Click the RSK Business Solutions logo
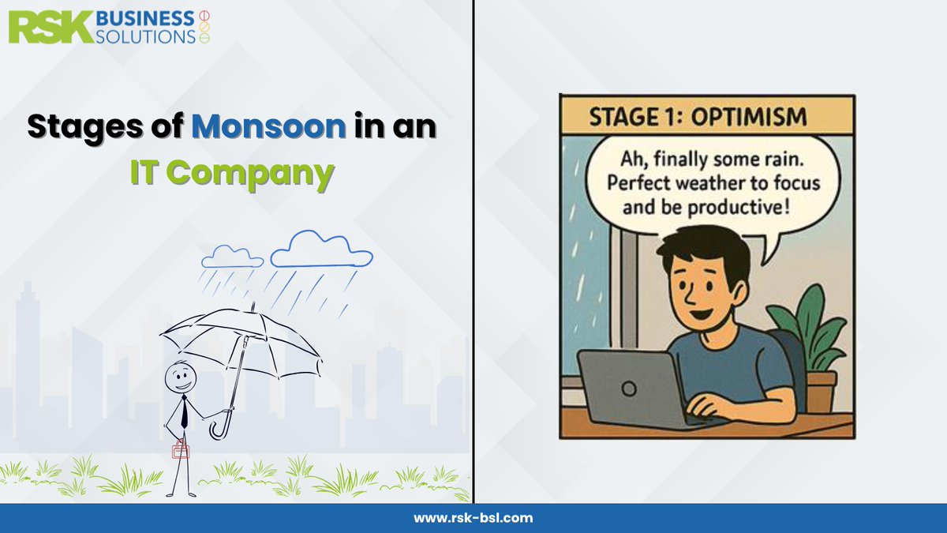click(x=110, y=26)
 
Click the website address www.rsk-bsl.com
click(x=473, y=518)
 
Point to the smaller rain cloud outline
click(x=231, y=257)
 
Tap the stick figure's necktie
click(x=183, y=410)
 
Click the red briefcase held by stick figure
click(x=182, y=449)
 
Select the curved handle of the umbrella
click(x=219, y=428)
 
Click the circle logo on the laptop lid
click(x=629, y=388)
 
